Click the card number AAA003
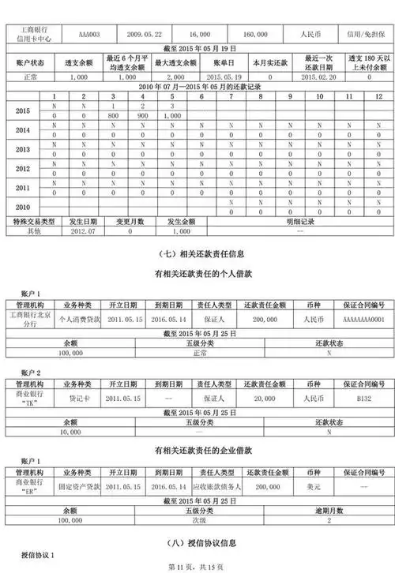[89, 36]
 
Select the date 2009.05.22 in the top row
[146, 36]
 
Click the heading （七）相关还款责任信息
[197, 254]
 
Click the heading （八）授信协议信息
[197, 543]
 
